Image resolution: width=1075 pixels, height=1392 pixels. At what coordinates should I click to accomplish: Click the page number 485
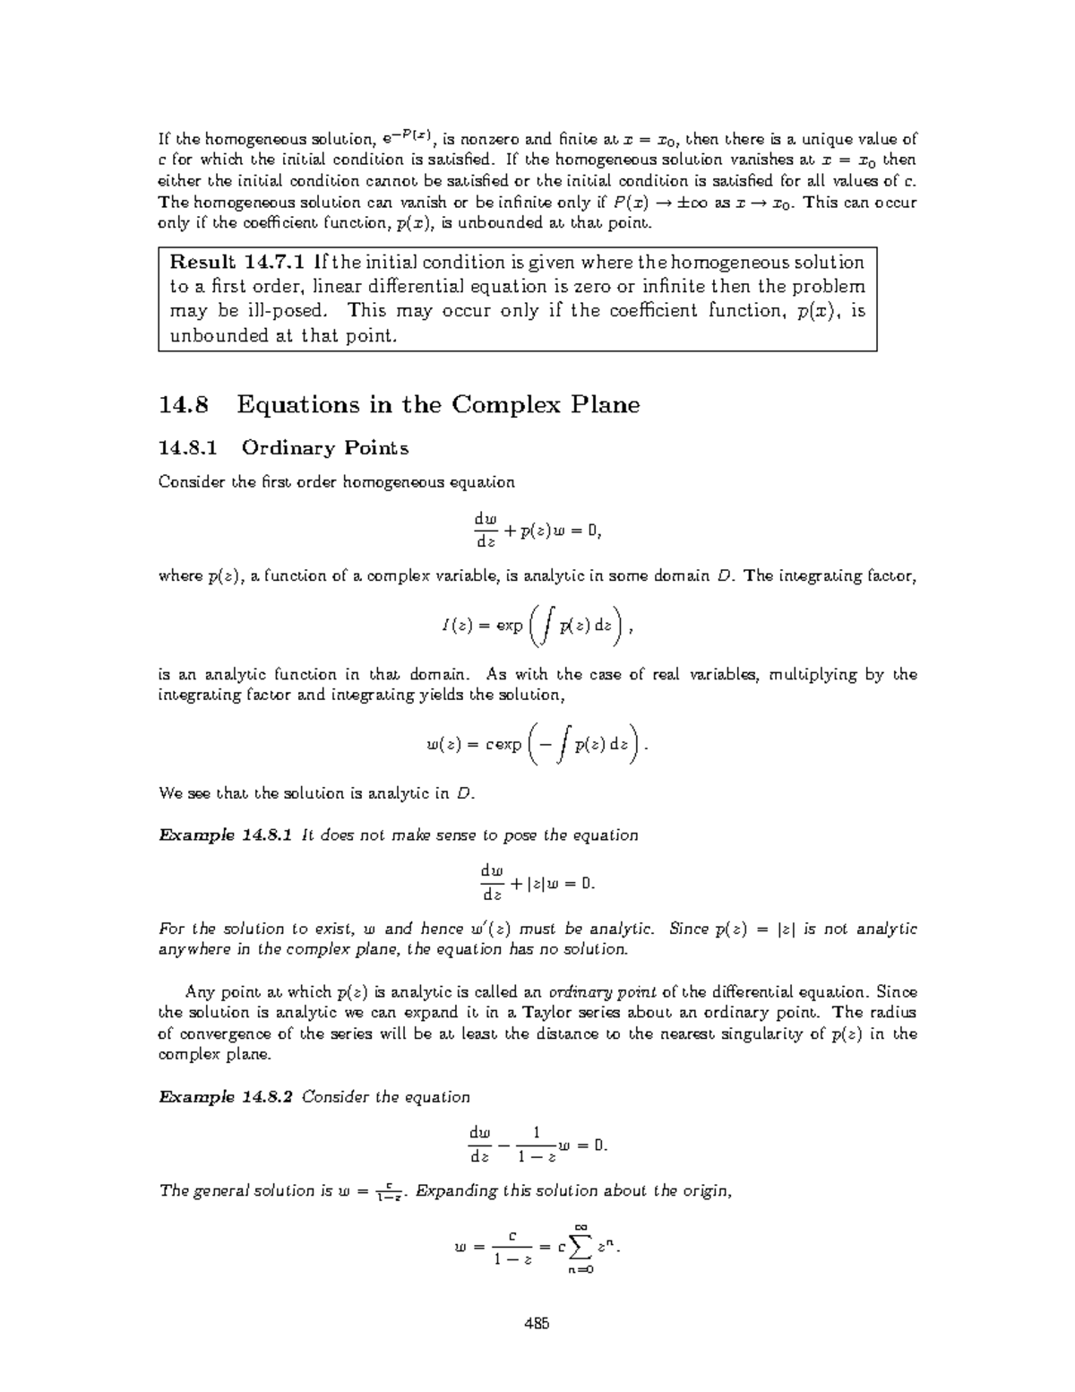coord(537,1323)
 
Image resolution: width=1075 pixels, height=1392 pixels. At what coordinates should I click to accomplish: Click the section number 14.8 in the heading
coord(184,404)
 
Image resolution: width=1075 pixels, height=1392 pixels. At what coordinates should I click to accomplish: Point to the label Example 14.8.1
coord(225,835)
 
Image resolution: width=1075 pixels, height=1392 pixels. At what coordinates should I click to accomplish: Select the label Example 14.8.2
coord(225,1097)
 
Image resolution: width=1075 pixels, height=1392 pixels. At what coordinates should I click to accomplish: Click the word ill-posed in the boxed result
coord(283,311)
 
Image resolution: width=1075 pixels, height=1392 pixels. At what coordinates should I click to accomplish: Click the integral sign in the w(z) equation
coord(561,745)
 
